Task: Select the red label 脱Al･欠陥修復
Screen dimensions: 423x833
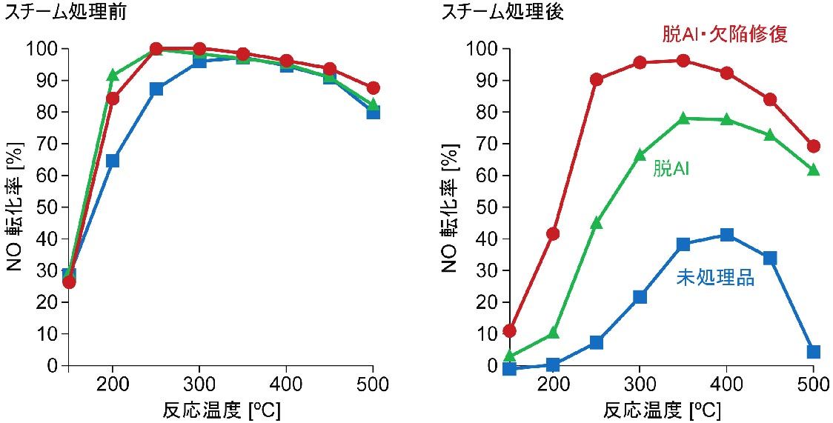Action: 724,34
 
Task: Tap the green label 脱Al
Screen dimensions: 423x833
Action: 671,169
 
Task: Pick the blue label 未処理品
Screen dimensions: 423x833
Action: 715,279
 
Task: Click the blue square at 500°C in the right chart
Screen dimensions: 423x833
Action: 813,352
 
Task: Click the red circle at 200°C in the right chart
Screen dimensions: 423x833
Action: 553,234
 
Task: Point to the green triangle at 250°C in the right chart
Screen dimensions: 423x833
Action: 597,222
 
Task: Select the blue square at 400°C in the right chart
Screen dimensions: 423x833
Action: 726,235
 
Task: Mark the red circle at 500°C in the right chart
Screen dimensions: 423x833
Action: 813,146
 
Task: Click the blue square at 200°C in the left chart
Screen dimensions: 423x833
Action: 113,161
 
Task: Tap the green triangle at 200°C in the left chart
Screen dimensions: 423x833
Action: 113,76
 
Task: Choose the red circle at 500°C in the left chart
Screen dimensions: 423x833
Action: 373,88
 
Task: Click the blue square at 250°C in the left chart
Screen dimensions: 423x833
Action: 156,89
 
